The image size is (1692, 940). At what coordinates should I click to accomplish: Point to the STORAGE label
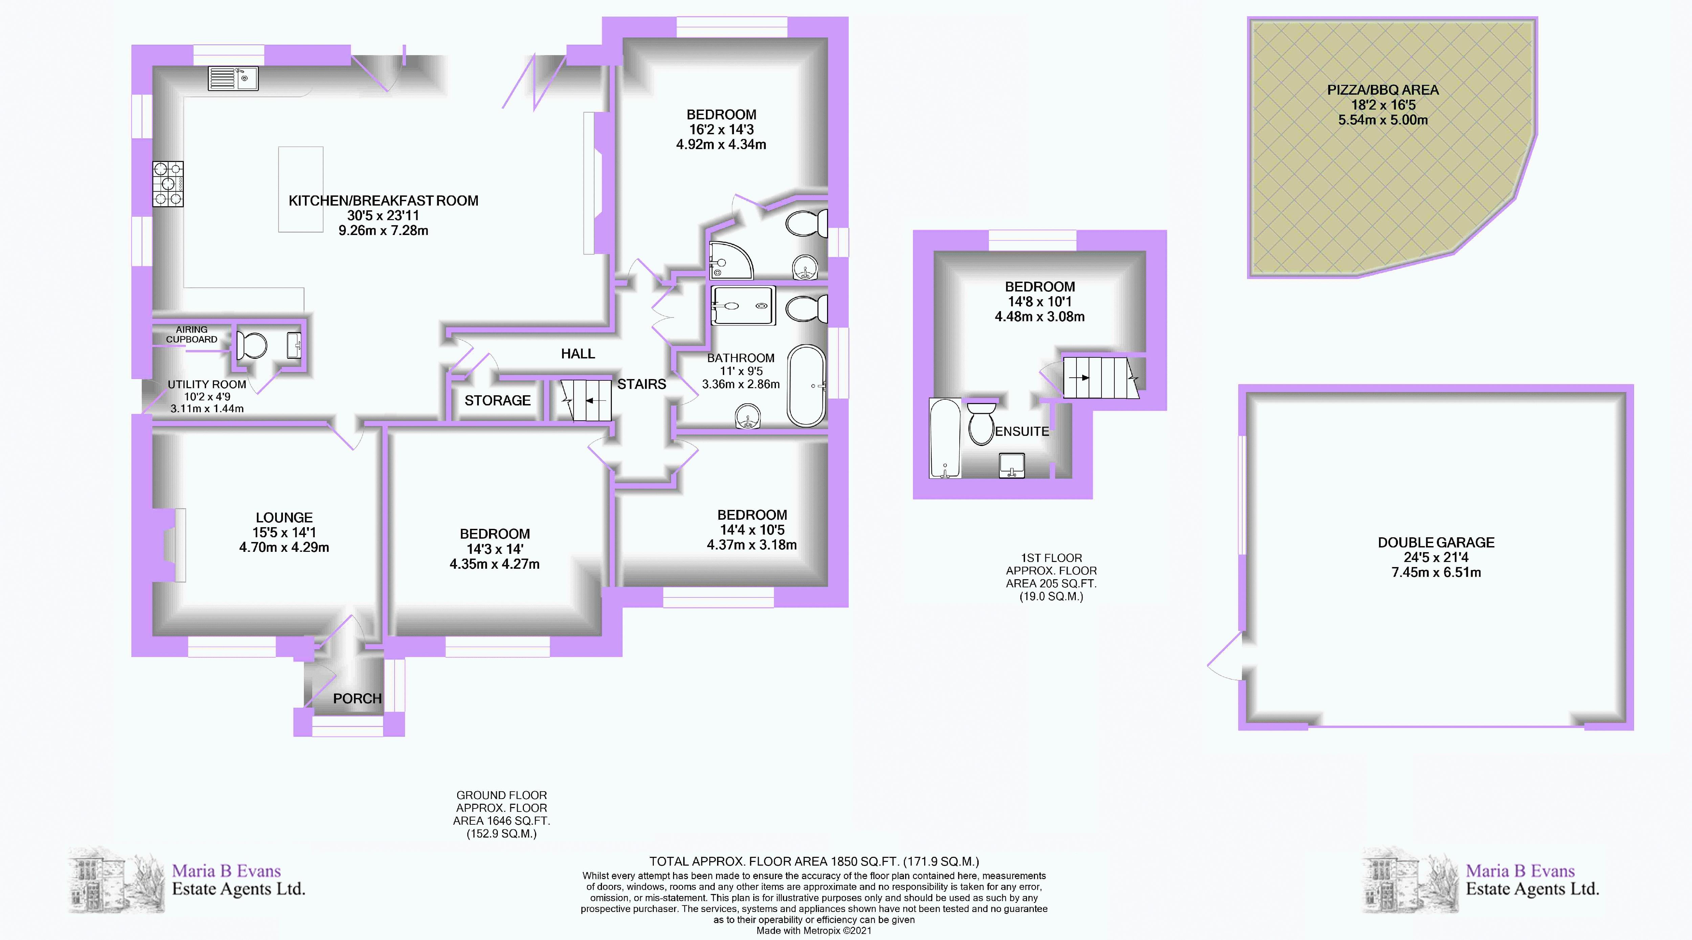tap(497, 400)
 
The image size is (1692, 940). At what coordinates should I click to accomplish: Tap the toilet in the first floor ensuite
tap(981, 425)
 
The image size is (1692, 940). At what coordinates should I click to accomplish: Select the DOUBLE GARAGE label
tap(1436, 542)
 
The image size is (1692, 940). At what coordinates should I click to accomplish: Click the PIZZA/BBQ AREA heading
tap(1383, 90)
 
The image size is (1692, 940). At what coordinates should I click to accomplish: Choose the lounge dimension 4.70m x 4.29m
tap(284, 547)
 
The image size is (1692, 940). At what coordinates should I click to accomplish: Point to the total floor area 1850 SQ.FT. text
tap(814, 861)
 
